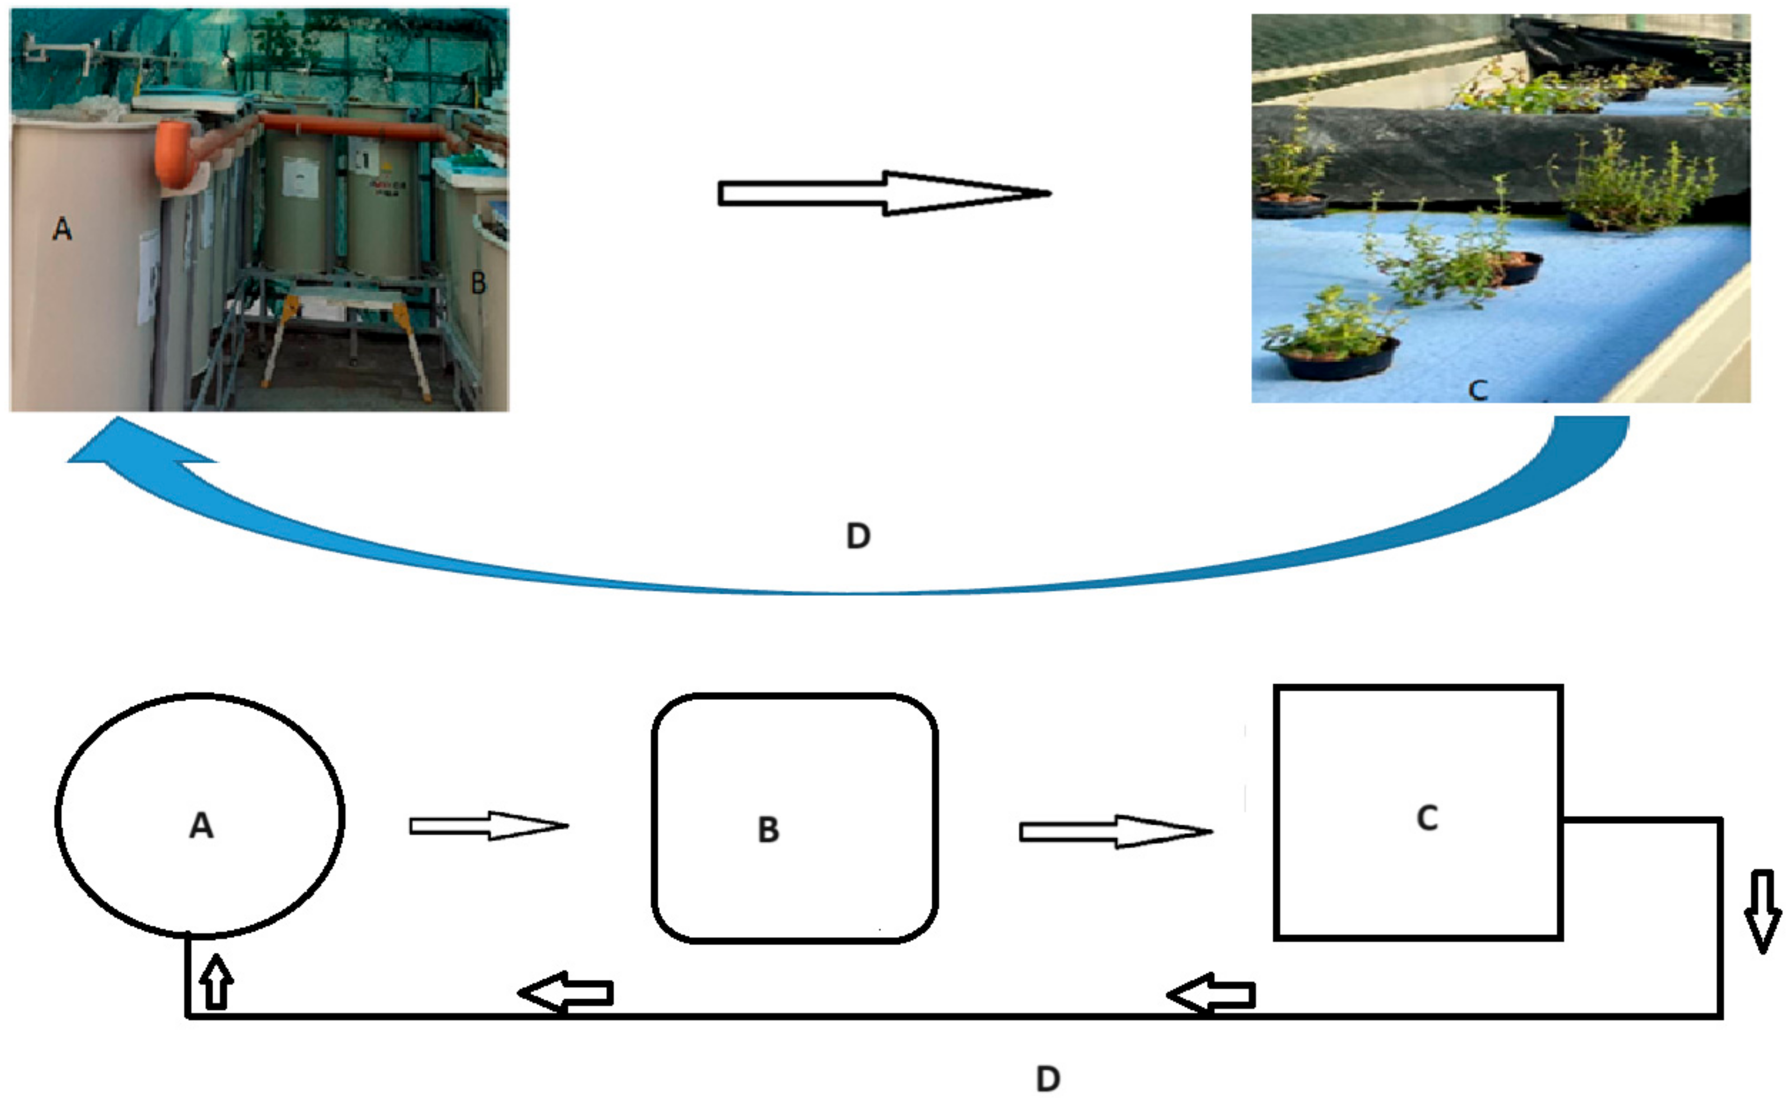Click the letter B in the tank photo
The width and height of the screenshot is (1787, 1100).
[x=478, y=283]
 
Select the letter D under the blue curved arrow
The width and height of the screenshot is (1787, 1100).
[x=858, y=536]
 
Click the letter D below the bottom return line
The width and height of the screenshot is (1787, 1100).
[x=1047, y=1078]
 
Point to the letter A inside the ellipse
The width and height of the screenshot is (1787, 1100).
[x=201, y=826]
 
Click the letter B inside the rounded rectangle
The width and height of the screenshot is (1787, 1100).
[x=768, y=830]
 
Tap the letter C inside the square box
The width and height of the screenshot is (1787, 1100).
[x=1427, y=819]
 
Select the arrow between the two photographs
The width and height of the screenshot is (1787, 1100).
[x=884, y=193]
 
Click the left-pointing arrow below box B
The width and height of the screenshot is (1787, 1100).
[x=566, y=993]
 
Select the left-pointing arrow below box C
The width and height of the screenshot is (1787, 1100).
[x=1212, y=994]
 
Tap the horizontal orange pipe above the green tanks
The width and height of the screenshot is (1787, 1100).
[x=357, y=129]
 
